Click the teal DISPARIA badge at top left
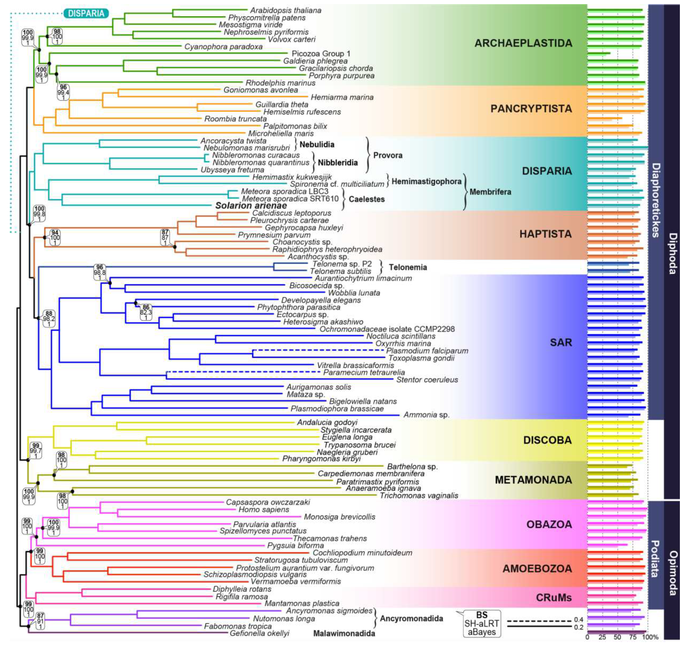[x=86, y=13]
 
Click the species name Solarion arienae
[x=251, y=205]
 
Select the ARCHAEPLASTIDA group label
[x=523, y=43]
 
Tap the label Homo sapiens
[x=264, y=509]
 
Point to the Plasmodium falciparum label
[x=427, y=351]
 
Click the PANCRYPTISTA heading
[x=531, y=109]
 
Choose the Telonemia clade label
[x=408, y=267]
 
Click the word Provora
[x=387, y=155]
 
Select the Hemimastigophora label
[x=426, y=181]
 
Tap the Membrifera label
[x=490, y=192]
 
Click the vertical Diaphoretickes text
[x=655, y=201]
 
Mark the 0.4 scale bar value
[x=578, y=620]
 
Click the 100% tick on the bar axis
[x=650, y=637]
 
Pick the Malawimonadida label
[x=344, y=633]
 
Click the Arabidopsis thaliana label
[x=285, y=10]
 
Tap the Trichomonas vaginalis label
[x=418, y=495]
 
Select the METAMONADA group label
[x=533, y=480]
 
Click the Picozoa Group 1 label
[x=321, y=54]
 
